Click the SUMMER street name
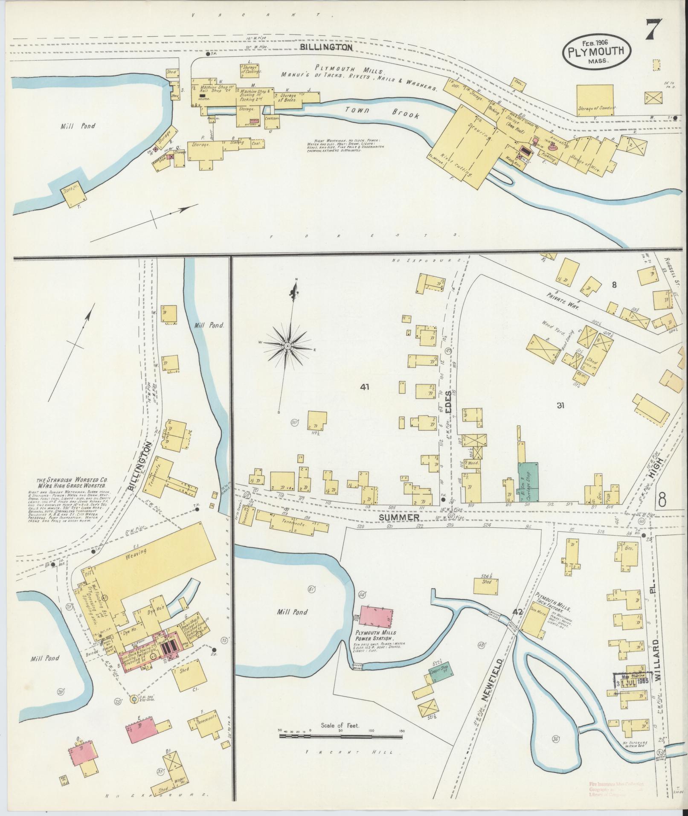click(403, 517)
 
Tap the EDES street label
click(447, 401)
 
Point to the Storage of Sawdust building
click(595, 100)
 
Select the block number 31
click(560, 405)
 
